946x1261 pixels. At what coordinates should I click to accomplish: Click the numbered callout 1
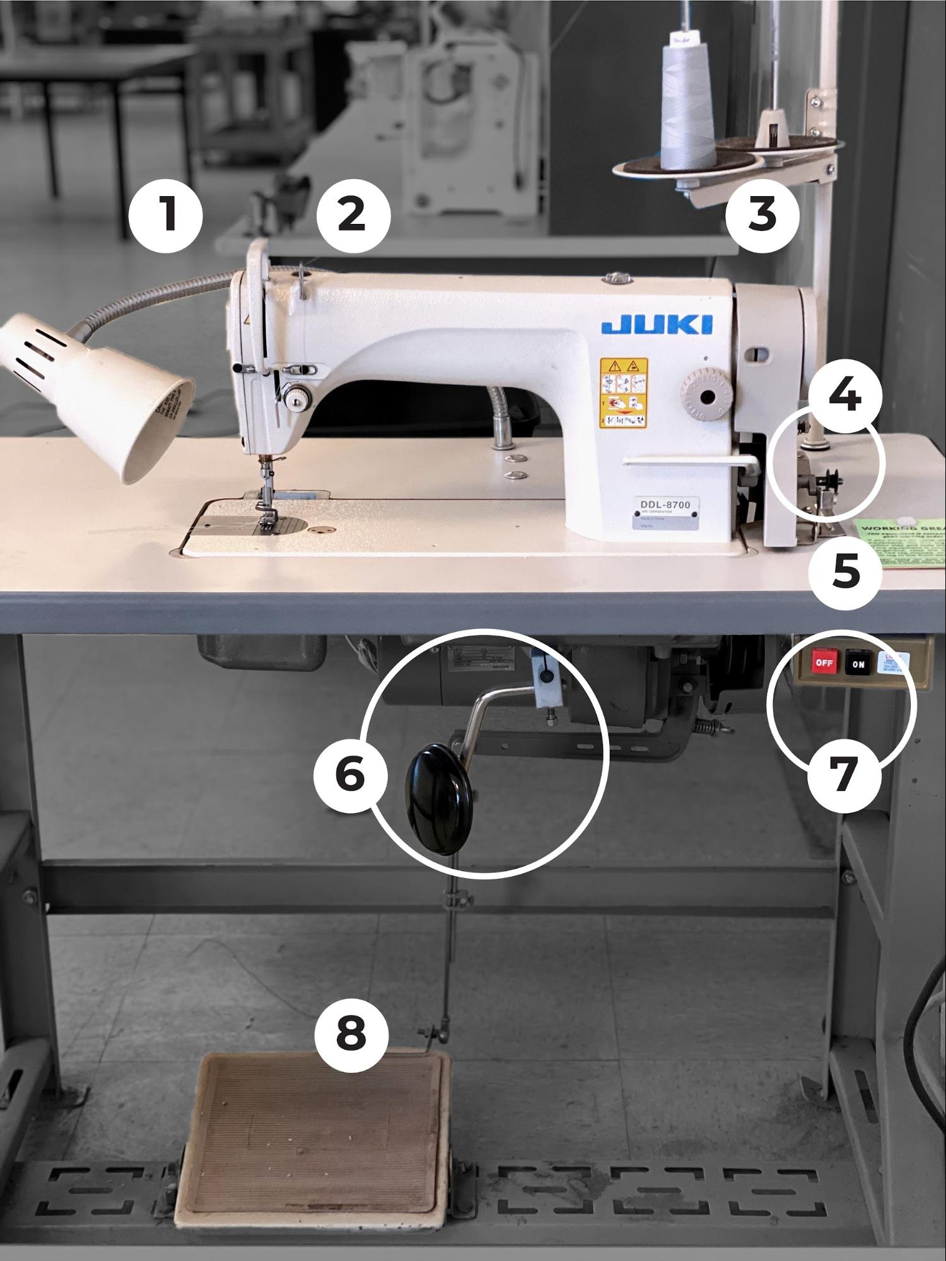166,216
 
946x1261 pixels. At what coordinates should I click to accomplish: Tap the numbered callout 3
762,214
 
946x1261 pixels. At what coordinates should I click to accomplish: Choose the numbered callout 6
351,774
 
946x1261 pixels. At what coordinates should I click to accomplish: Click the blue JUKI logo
657,324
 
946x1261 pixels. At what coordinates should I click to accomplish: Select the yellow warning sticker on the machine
623,392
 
